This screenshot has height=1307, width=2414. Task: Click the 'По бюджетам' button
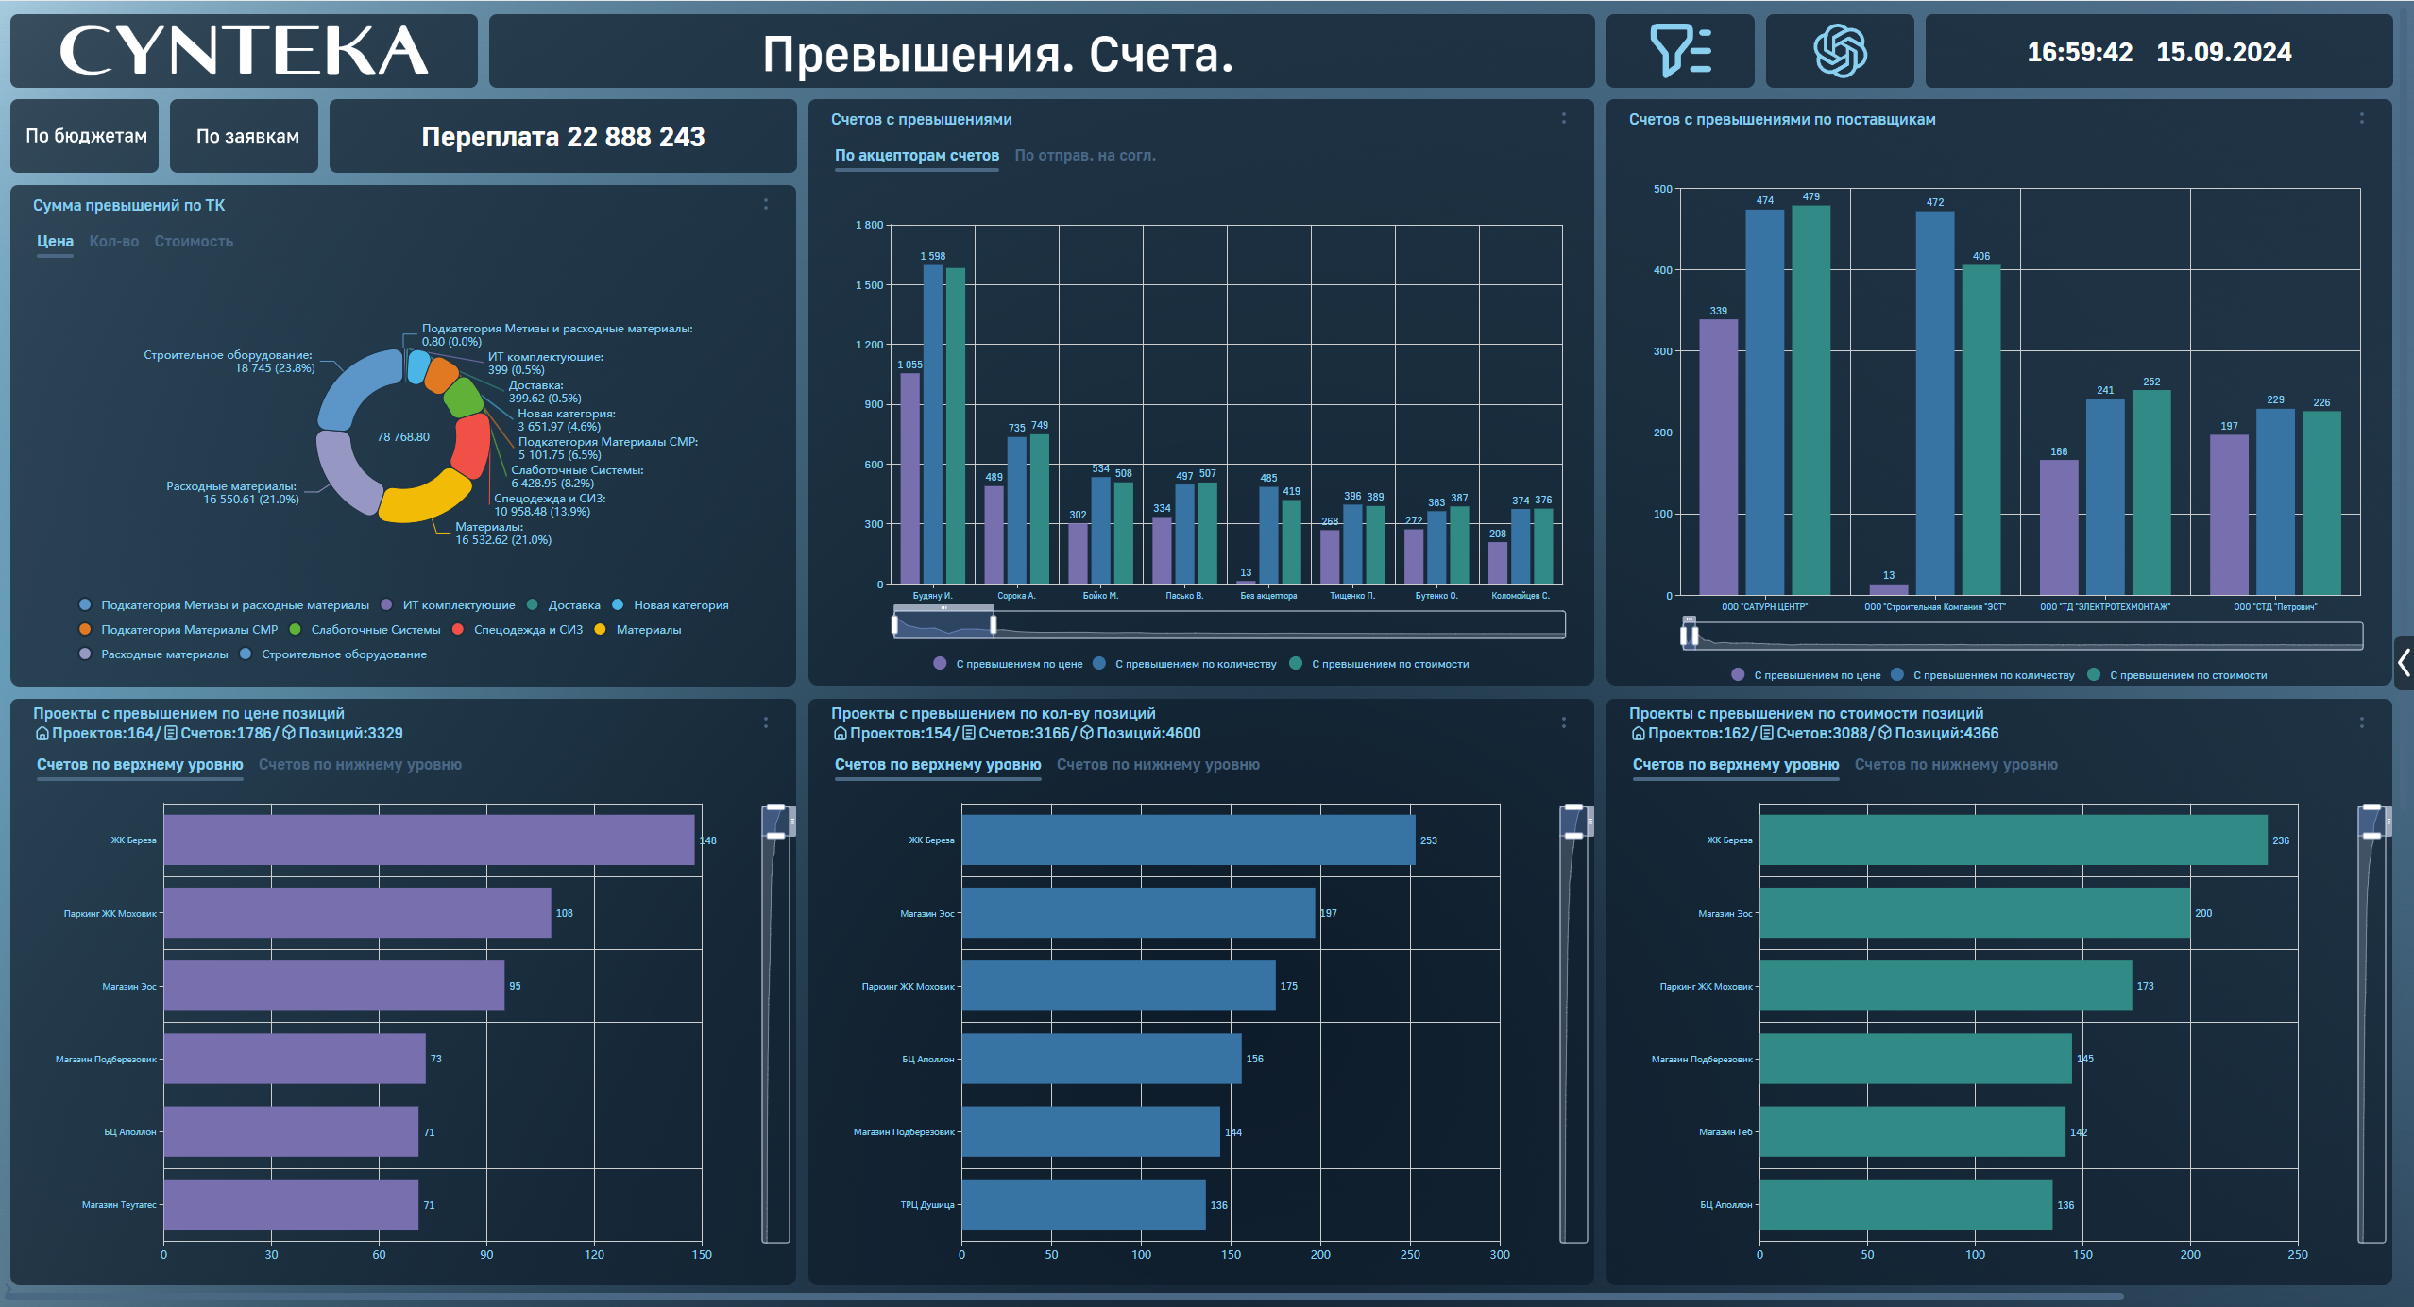[x=86, y=136]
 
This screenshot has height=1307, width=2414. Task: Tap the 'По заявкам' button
[x=247, y=136]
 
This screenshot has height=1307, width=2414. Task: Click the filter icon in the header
[x=1680, y=51]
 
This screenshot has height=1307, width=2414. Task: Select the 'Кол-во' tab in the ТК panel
[x=113, y=242]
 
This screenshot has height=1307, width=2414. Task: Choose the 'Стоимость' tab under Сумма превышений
[x=194, y=242]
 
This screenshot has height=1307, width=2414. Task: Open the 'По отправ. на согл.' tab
[x=1084, y=156]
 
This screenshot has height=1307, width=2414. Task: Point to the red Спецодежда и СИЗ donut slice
[x=470, y=446]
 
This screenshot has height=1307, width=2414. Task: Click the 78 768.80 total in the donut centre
[x=402, y=437]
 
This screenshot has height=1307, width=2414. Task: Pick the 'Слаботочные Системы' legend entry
[x=375, y=630]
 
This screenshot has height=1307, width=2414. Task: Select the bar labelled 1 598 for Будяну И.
[x=932, y=425]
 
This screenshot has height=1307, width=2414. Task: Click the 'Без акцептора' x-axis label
[x=1268, y=596]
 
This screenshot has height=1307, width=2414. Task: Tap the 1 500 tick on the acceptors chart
[x=869, y=285]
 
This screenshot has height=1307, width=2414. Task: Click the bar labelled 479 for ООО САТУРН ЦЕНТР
[x=1810, y=397]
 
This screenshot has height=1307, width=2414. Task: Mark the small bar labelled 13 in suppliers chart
[x=1888, y=589]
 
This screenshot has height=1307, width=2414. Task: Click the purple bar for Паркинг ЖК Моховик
[x=357, y=912]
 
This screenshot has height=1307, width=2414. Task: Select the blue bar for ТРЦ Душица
[x=1083, y=1204]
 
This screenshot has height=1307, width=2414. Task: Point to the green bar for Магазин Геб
[x=1912, y=1131]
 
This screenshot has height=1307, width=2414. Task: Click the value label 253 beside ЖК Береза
[x=1428, y=840]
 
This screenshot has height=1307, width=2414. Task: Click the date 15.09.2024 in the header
[x=2223, y=53]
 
